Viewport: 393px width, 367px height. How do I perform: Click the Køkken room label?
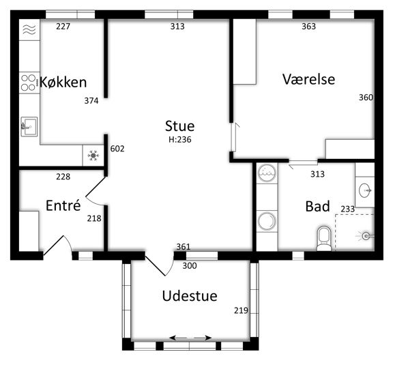click(x=63, y=82)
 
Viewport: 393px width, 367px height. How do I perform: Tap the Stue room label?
click(x=179, y=126)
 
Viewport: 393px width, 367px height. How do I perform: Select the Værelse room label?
click(x=308, y=79)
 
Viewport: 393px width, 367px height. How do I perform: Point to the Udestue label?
click(x=190, y=296)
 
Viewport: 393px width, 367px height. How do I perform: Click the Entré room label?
click(x=63, y=205)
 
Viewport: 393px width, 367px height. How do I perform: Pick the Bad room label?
click(x=317, y=207)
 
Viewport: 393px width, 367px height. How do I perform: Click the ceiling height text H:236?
click(x=179, y=140)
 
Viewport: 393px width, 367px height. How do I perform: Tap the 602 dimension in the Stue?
click(x=117, y=149)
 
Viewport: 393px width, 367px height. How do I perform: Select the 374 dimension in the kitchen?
click(x=91, y=101)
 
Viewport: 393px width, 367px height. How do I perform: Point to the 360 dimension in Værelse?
click(x=366, y=97)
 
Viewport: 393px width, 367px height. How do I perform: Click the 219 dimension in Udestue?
click(x=241, y=310)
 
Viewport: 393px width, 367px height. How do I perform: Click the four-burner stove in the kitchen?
click(x=29, y=83)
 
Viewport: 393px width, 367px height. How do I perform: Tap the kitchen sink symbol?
click(x=29, y=126)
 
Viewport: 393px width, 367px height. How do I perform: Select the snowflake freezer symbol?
click(x=93, y=156)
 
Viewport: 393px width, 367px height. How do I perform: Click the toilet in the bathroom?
click(x=324, y=238)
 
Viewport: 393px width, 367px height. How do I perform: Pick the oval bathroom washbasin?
click(x=365, y=190)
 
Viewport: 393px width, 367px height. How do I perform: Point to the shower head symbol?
click(x=365, y=236)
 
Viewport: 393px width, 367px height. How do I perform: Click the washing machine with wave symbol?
click(x=267, y=173)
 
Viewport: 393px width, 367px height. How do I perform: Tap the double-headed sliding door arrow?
click(x=190, y=338)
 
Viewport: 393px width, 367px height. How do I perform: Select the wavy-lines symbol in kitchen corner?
click(x=29, y=29)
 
